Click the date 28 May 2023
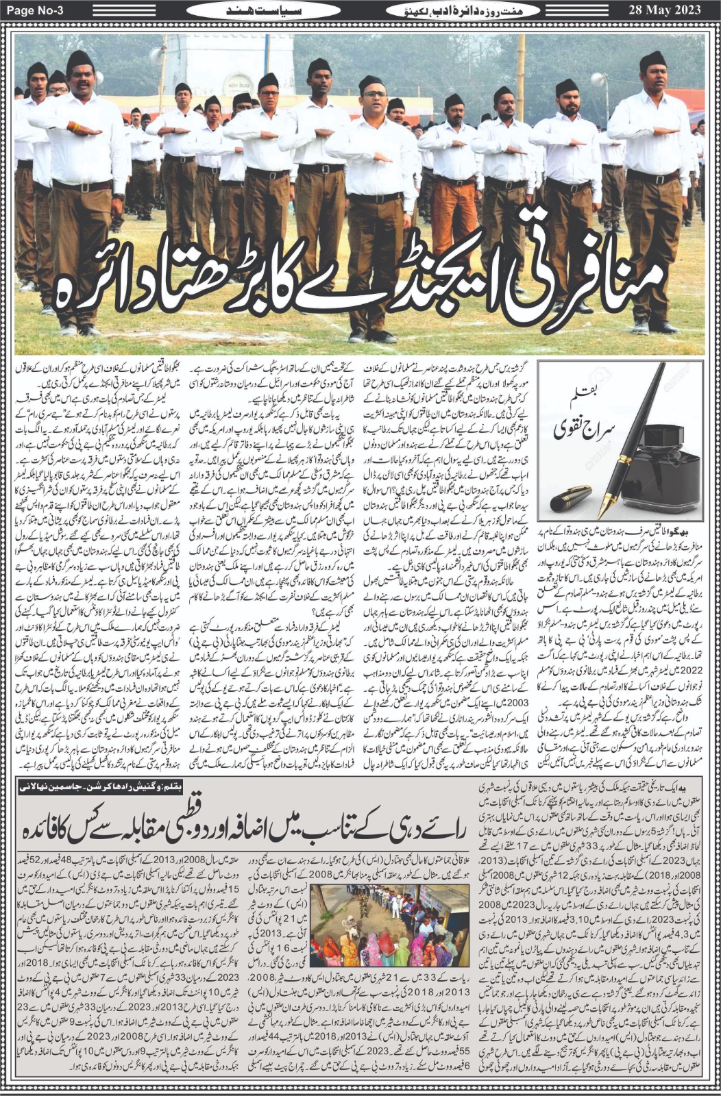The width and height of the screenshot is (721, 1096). [x=674, y=10]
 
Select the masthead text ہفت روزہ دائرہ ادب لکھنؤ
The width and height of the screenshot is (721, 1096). [x=448, y=10]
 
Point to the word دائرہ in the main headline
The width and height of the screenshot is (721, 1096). [x=110, y=284]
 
